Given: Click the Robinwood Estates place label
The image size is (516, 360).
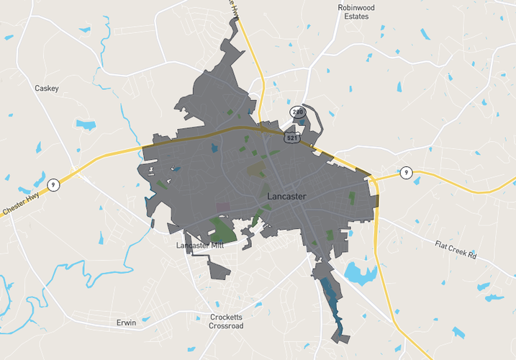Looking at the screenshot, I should (x=356, y=12).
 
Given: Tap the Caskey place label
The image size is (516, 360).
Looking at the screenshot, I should (x=47, y=89).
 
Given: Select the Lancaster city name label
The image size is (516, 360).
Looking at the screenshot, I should (x=286, y=196).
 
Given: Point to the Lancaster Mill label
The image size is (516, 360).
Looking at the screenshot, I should (x=200, y=246).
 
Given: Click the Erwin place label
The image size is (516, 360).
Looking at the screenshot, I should (x=126, y=323).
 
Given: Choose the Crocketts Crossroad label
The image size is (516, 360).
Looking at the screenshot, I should (x=227, y=321).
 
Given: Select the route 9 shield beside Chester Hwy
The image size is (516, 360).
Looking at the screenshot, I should (x=53, y=185).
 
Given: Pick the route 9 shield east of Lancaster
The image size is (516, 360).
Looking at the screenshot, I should (x=407, y=172).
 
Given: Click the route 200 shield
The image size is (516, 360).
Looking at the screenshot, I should (x=297, y=112).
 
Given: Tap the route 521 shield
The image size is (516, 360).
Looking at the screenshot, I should (x=291, y=137).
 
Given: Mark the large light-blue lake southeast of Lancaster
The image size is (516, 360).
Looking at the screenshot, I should (x=360, y=273).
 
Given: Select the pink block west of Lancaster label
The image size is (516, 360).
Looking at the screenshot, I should (x=224, y=207).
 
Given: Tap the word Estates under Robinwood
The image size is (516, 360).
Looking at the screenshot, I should (x=356, y=16).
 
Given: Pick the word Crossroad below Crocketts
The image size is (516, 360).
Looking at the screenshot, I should (x=227, y=326).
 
